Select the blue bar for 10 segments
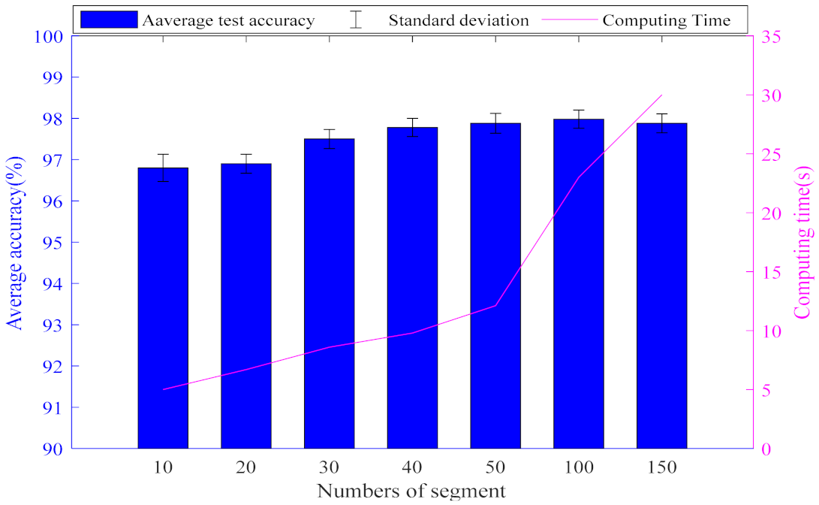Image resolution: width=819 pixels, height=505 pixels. pos(163,308)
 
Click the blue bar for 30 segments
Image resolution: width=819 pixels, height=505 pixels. pos(329,293)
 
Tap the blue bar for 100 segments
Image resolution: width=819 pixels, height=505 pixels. pos(579,284)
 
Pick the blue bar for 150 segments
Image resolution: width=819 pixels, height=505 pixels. pos(662,286)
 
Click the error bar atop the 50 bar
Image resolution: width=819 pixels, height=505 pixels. pos(495,122)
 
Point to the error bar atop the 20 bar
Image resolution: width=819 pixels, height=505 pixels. pos(246,163)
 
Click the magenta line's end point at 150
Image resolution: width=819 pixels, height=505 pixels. pos(662,95)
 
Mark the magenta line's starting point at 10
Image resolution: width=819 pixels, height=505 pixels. pos(164,389)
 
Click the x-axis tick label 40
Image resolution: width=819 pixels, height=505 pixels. pos(412,467)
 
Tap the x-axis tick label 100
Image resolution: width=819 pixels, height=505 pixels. pos(579,467)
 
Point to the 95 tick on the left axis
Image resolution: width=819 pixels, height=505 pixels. pos(53,243)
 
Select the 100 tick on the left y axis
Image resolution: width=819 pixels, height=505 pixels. pos(48,37)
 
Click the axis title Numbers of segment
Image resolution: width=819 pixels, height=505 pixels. pos(411,491)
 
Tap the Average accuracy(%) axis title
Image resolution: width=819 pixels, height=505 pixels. pos(14,243)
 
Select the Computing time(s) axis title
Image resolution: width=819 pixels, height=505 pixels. pos(802,242)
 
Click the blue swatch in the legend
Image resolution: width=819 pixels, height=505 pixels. pos(109,20)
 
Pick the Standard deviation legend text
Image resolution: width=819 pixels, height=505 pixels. pos(459,20)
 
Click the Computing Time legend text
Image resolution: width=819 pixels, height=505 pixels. pos(667,20)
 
